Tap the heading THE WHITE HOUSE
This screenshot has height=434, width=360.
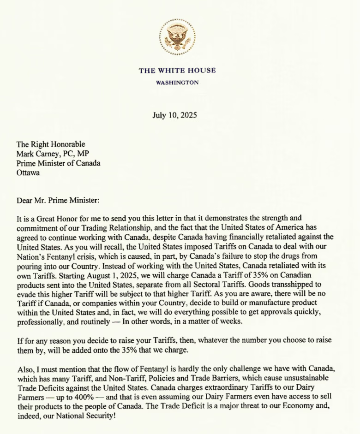177,71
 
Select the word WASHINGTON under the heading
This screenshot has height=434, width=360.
177,83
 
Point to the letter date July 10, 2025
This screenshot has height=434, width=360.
174,115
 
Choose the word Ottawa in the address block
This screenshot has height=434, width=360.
28,173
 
